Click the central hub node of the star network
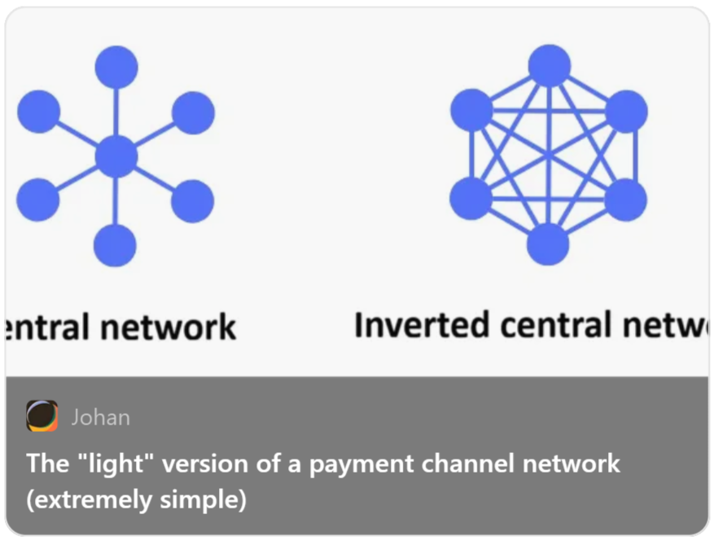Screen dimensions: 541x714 coord(116,156)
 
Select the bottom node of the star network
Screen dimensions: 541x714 coord(115,244)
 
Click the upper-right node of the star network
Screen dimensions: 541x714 coord(193,112)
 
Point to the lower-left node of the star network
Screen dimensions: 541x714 coord(38,200)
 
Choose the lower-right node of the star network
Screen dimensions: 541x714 coord(192,200)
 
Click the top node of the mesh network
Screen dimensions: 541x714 coord(550,65)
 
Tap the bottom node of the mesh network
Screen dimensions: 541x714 coord(548,244)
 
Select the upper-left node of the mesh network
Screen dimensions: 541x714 coord(471,109)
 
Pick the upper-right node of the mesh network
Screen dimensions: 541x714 coord(626,111)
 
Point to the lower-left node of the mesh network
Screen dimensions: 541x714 coord(471,199)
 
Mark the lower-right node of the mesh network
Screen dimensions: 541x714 coord(625,200)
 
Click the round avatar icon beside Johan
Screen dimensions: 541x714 coord(42,416)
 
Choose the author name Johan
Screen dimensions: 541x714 coord(100,417)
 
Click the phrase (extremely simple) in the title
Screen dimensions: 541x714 coord(136,499)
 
